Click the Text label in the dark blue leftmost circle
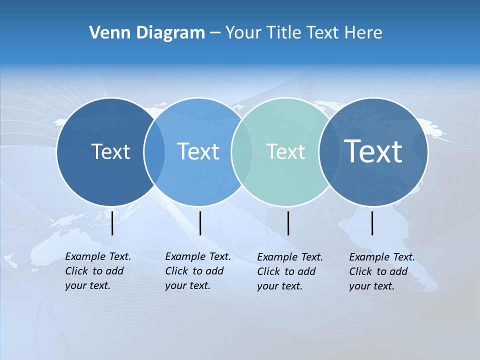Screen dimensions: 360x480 (110, 151)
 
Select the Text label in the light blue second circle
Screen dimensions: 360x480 (198, 151)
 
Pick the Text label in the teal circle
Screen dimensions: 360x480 (285, 151)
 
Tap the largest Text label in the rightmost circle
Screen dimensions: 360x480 (373, 151)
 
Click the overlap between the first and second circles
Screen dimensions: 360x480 (154, 151)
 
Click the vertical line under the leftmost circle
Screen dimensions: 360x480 (112, 223)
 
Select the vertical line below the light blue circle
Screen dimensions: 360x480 (200, 223)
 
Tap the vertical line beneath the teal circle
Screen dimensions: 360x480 (288, 223)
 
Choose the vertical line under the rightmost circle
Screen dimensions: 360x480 (372, 223)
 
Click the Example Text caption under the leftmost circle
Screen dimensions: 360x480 (97, 271)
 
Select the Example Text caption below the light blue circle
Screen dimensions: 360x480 (197, 271)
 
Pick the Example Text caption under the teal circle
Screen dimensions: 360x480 (289, 271)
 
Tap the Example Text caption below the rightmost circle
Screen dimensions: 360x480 (381, 271)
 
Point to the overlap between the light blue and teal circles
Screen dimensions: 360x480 (241, 151)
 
